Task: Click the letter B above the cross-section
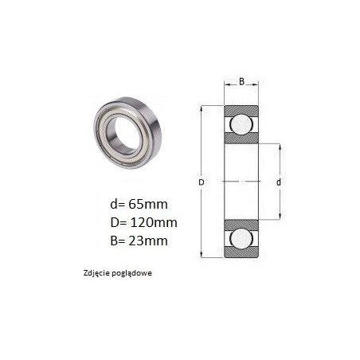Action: (x=241, y=81)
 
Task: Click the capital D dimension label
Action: (x=202, y=182)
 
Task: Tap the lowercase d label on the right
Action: (x=279, y=182)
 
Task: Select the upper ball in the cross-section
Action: (x=241, y=124)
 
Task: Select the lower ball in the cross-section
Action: (x=241, y=238)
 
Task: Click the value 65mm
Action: (x=148, y=204)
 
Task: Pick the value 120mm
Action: (x=154, y=222)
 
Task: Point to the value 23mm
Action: (x=148, y=241)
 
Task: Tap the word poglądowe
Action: (x=132, y=273)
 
